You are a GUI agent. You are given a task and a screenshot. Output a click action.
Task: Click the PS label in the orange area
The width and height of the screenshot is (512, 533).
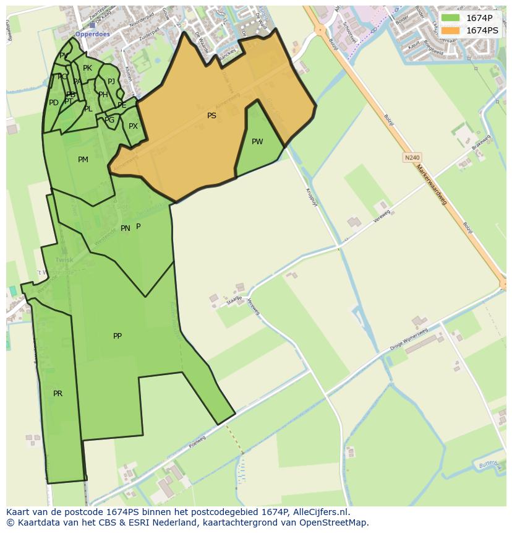tap(211, 116)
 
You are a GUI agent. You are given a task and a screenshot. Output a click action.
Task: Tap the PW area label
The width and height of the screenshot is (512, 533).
tap(257, 142)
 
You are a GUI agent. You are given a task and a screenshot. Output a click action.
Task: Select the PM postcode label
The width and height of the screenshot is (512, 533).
tap(83, 160)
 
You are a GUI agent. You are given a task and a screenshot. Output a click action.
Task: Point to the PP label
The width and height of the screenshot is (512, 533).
tap(117, 336)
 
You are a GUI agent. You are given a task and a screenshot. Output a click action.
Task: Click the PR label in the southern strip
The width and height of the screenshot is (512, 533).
tap(58, 394)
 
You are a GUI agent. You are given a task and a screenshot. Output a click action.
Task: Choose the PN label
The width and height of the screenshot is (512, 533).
tap(125, 228)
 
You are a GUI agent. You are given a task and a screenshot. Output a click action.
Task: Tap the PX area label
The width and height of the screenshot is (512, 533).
tap(133, 126)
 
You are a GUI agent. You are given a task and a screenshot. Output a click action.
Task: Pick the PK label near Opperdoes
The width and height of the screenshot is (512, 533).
tap(87, 68)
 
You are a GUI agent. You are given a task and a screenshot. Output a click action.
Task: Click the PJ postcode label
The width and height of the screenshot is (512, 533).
tap(111, 82)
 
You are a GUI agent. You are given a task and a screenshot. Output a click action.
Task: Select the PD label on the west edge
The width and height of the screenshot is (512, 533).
tap(54, 103)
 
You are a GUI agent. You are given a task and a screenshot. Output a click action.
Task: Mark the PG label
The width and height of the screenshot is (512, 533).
tap(109, 120)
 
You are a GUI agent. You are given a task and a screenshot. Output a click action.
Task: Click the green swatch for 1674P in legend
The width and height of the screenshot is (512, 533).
tap(450, 18)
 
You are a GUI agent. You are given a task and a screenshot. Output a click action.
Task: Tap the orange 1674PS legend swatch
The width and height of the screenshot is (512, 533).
tap(450, 30)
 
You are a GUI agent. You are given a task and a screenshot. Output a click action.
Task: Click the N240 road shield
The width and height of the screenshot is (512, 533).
tap(412, 158)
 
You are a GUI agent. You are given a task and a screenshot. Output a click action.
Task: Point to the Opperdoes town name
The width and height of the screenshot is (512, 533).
tap(92, 34)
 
